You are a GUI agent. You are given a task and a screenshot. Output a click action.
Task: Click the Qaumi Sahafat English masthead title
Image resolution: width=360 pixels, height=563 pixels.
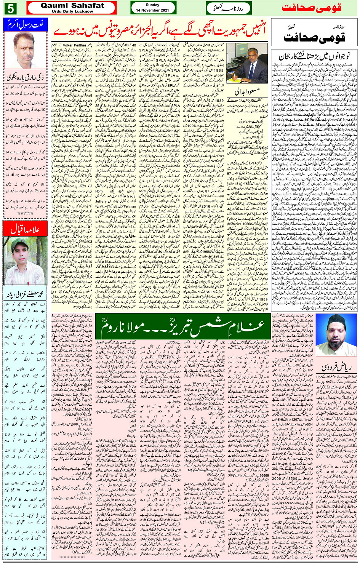click(x=72, y=5)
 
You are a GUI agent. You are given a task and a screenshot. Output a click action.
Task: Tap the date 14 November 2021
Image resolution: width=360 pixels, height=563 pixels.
click(x=152, y=10)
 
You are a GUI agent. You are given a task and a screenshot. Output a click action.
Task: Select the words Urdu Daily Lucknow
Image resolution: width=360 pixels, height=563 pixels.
click(x=72, y=11)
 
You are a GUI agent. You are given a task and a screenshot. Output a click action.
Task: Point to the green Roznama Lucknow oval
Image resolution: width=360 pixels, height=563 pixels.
click(x=228, y=8)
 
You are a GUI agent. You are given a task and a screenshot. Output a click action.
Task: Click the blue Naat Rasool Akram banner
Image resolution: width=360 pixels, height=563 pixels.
click(x=26, y=25)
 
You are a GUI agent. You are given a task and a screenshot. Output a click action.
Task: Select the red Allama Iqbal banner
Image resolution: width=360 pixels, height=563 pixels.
click(x=26, y=229)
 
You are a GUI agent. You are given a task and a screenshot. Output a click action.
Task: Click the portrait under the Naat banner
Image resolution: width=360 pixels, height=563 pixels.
click(x=26, y=50)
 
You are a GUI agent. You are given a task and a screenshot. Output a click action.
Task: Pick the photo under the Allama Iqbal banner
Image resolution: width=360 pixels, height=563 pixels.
click(x=26, y=261)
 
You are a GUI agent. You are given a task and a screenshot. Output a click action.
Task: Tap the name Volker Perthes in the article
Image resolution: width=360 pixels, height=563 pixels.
click(x=75, y=45)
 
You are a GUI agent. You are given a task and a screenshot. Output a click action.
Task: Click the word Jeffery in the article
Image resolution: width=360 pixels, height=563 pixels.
click(x=101, y=201)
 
